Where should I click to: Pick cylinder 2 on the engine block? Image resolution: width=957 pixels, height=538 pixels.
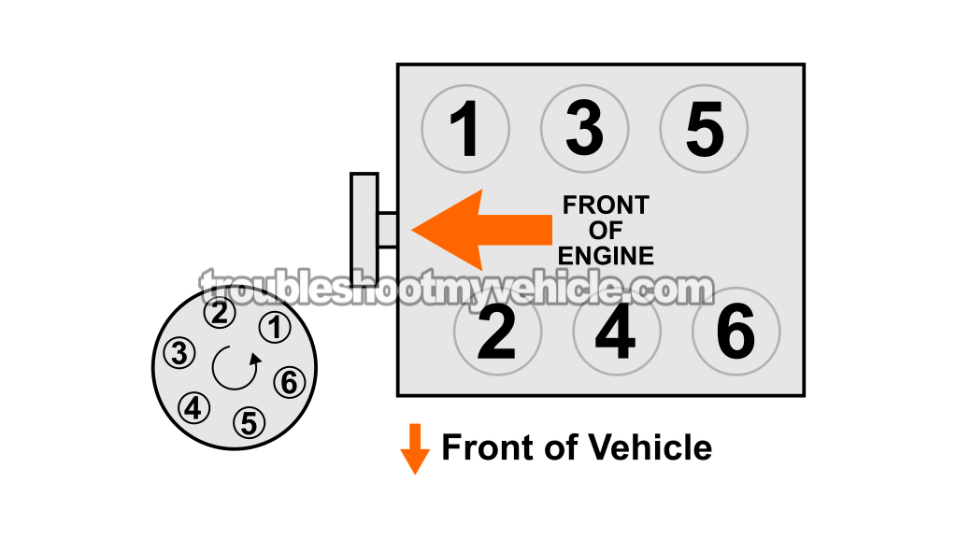pyautogui.click(x=496, y=332)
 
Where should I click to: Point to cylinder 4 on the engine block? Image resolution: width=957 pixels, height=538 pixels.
pyautogui.click(x=616, y=332)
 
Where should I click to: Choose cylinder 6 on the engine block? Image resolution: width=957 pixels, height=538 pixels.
pyautogui.click(x=736, y=332)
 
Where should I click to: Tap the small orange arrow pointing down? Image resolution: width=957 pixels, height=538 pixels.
pyautogui.click(x=414, y=448)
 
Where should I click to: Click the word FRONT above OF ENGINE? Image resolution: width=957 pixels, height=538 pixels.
pyautogui.click(x=606, y=205)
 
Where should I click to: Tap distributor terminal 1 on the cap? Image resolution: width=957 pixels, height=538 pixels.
pyautogui.click(x=274, y=327)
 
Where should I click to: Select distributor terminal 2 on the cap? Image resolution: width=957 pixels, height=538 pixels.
pyautogui.click(x=221, y=313)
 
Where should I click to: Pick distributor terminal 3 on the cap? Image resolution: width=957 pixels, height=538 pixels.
pyautogui.click(x=179, y=353)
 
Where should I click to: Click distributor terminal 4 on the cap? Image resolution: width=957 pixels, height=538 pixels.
pyautogui.click(x=194, y=407)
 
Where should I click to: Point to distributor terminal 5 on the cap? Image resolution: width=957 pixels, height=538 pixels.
pyautogui.click(x=249, y=422)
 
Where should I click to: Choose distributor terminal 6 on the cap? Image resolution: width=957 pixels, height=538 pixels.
pyautogui.click(x=289, y=381)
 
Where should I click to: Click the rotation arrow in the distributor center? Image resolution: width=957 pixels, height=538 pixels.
pyautogui.click(x=235, y=367)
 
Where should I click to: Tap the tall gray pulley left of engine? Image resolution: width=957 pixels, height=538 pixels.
pyautogui.click(x=364, y=228)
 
